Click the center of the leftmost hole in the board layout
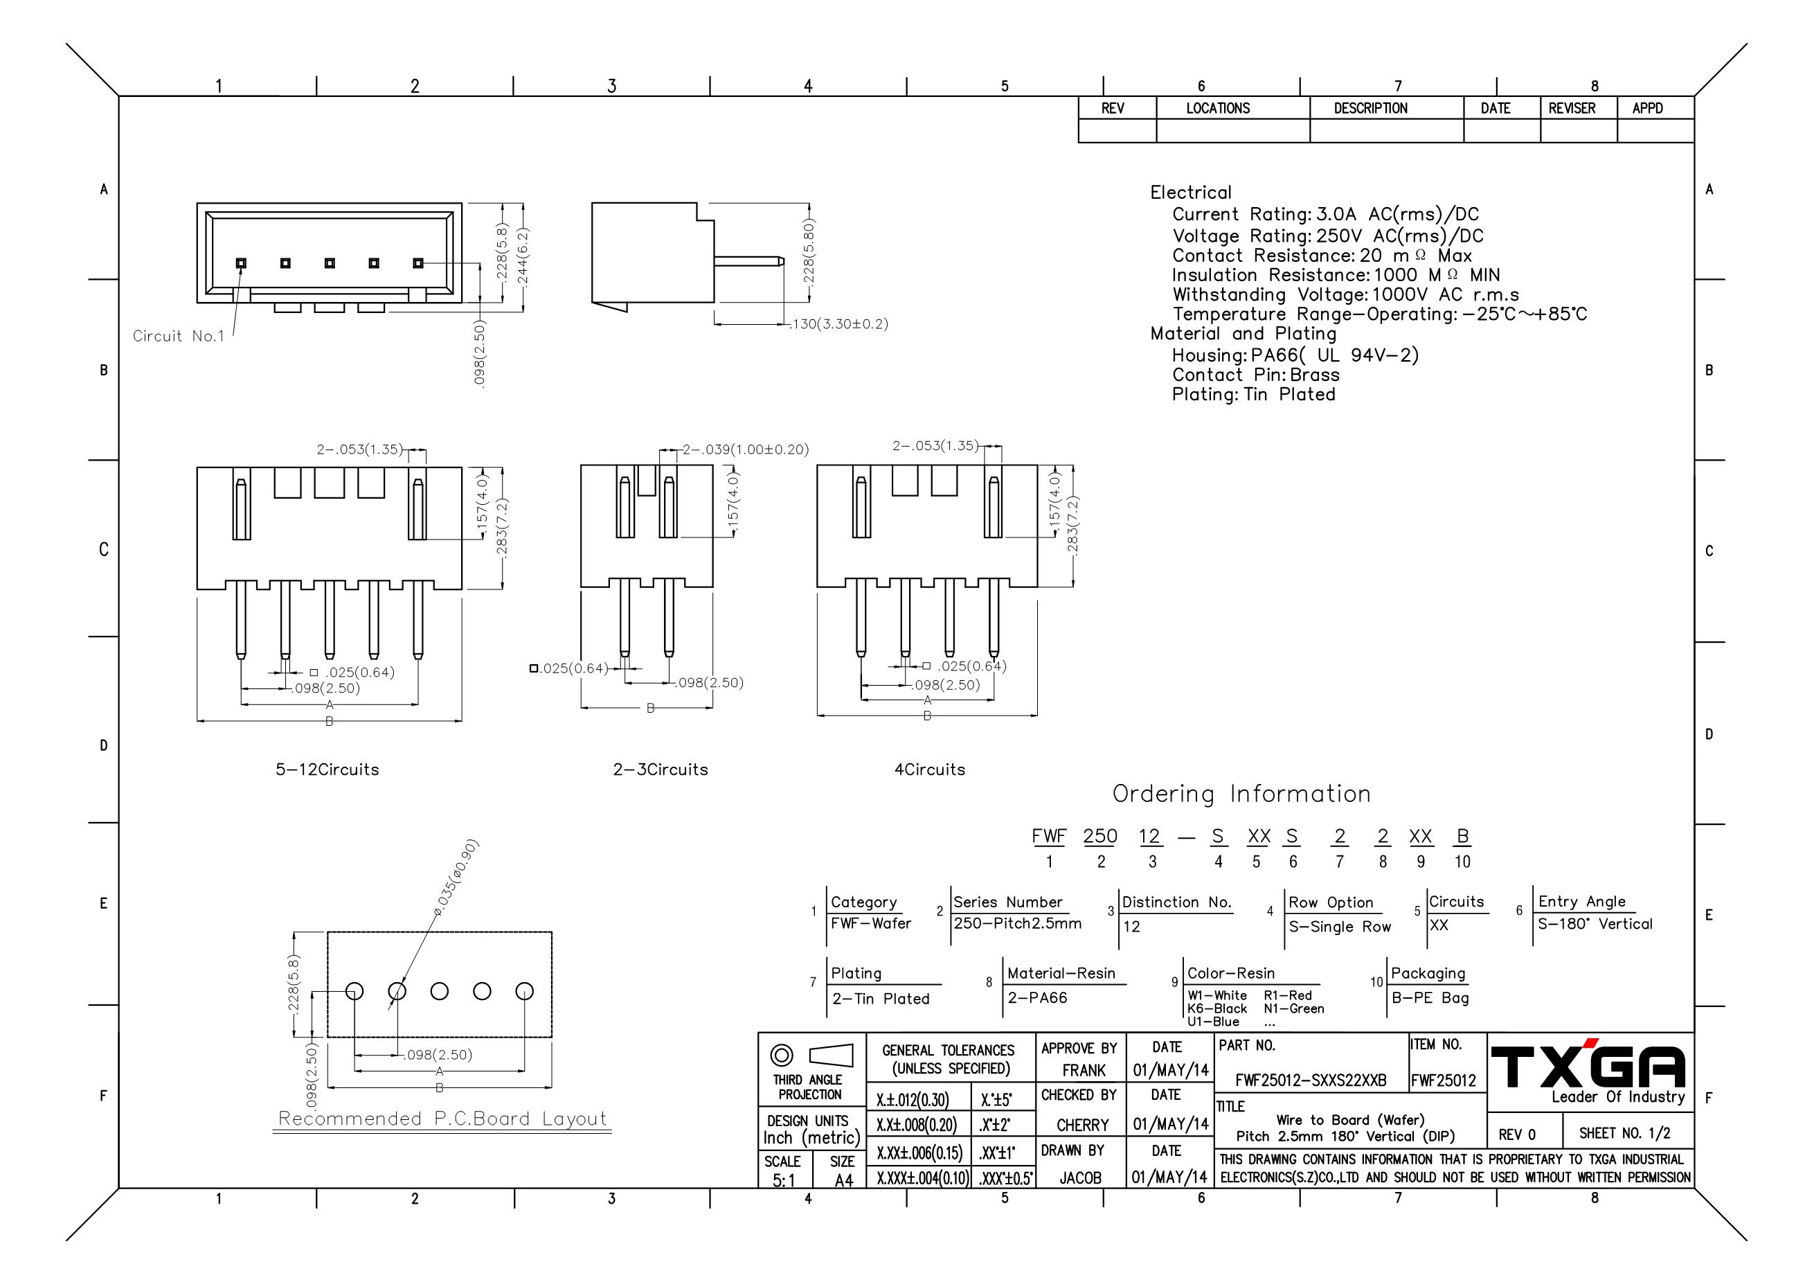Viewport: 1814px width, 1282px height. point(354,991)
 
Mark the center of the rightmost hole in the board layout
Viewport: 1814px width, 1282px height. point(525,991)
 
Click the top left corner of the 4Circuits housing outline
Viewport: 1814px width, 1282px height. point(817,465)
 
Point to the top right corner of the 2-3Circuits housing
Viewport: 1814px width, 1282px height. point(712,465)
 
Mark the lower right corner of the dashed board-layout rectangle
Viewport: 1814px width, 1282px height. point(553,1037)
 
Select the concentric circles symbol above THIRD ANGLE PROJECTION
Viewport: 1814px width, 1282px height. point(782,1054)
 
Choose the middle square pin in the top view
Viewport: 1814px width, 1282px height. point(330,262)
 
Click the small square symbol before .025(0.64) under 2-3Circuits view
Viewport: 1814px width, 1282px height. point(533,668)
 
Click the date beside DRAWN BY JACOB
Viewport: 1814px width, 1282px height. point(1169,1177)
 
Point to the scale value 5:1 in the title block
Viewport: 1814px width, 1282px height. point(784,1180)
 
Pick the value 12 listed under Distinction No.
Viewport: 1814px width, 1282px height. point(1131,926)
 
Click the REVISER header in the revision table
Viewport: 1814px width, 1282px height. point(1572,108)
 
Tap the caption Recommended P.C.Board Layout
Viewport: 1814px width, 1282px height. point(442,1119)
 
